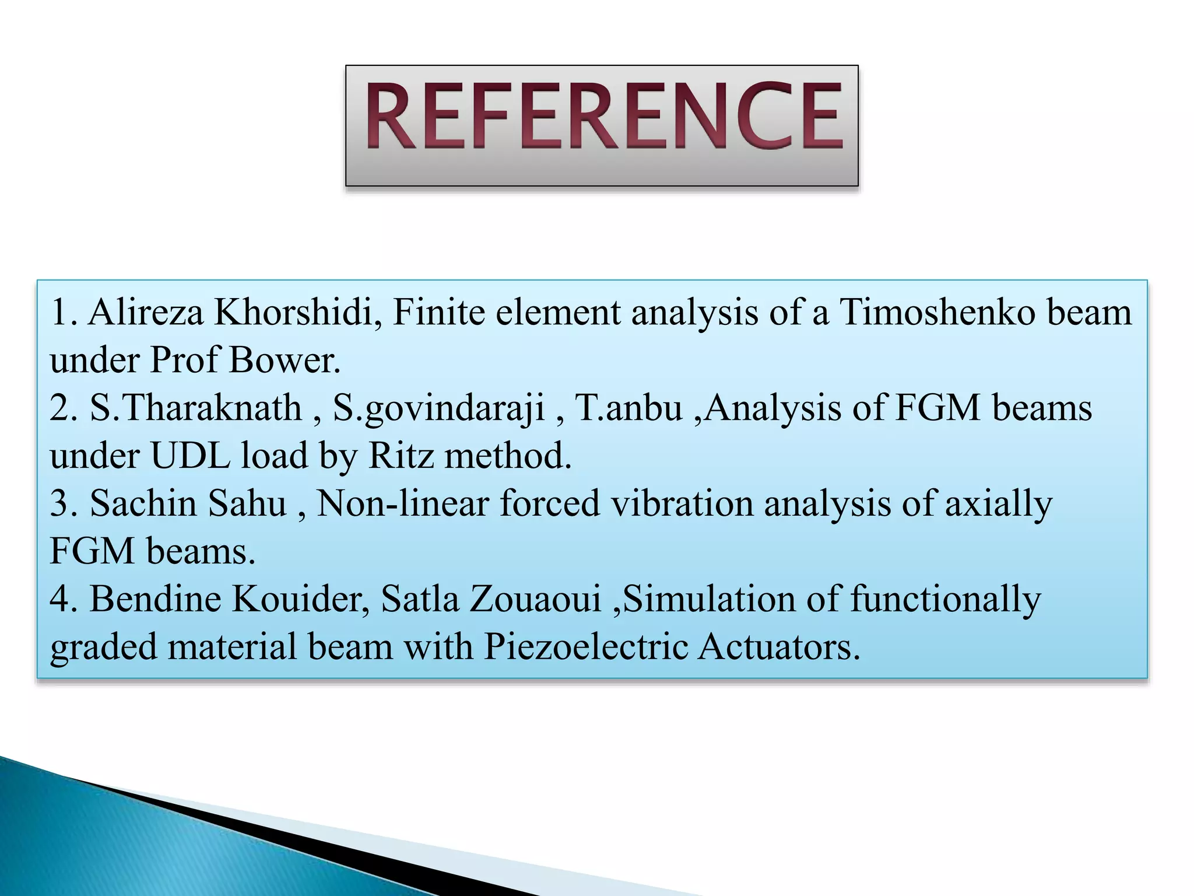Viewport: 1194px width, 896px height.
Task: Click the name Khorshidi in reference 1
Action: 297,312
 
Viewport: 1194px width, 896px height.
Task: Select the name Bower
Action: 283,360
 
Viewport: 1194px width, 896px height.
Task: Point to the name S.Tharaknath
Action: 195,407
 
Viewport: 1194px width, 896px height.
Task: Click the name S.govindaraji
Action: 438,407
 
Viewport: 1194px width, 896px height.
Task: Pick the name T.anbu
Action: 628,407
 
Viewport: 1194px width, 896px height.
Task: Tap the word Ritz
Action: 401,455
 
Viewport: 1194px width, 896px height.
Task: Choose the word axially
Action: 998,504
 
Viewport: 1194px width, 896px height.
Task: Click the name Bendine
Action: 154,598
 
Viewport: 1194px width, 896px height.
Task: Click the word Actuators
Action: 779,647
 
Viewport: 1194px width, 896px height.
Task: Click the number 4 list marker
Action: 61,598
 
